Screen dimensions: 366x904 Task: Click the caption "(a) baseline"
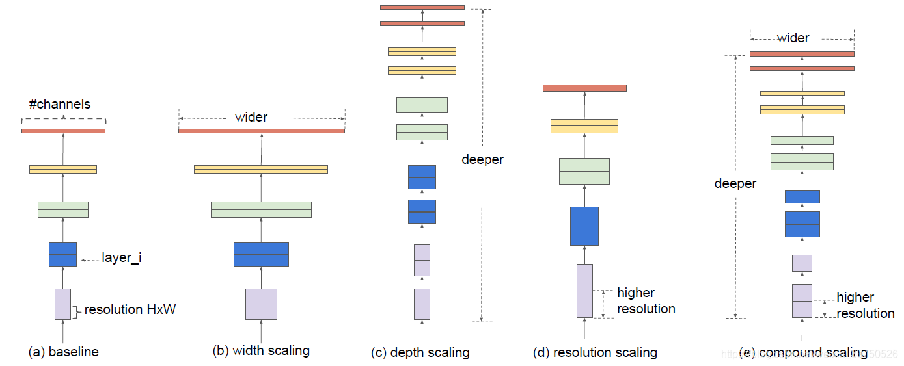coord(63,352)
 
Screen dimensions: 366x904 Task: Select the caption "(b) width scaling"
coord(261,351)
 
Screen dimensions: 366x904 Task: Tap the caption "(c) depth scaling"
coord(420,353)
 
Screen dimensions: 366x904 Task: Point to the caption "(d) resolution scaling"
coord(595,353)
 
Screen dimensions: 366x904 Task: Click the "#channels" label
coord(60,104)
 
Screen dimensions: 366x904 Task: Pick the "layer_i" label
coord(122,258)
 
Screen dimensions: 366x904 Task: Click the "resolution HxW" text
coord(130,310)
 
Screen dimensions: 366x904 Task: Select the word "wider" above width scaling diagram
coord(251,118)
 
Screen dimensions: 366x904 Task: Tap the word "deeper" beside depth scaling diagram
coord(482,160)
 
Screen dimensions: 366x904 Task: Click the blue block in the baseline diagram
coord(62,254)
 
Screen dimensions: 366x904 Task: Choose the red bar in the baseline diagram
coord(63,131)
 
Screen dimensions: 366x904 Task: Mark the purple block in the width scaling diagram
coord(261,304)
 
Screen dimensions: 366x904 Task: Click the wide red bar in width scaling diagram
coord(262,131)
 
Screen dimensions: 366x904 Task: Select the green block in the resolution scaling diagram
coord(584,171)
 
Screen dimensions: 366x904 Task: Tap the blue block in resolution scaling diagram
coord(584,226)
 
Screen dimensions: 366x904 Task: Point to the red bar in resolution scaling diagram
coord(584,88)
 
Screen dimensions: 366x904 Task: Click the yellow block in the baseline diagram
coord(63,169)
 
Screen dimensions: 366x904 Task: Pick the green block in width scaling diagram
coord(261,209)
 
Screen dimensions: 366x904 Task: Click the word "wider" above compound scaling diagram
coord(793,38)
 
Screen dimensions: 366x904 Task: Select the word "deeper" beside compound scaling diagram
coord(735,184)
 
